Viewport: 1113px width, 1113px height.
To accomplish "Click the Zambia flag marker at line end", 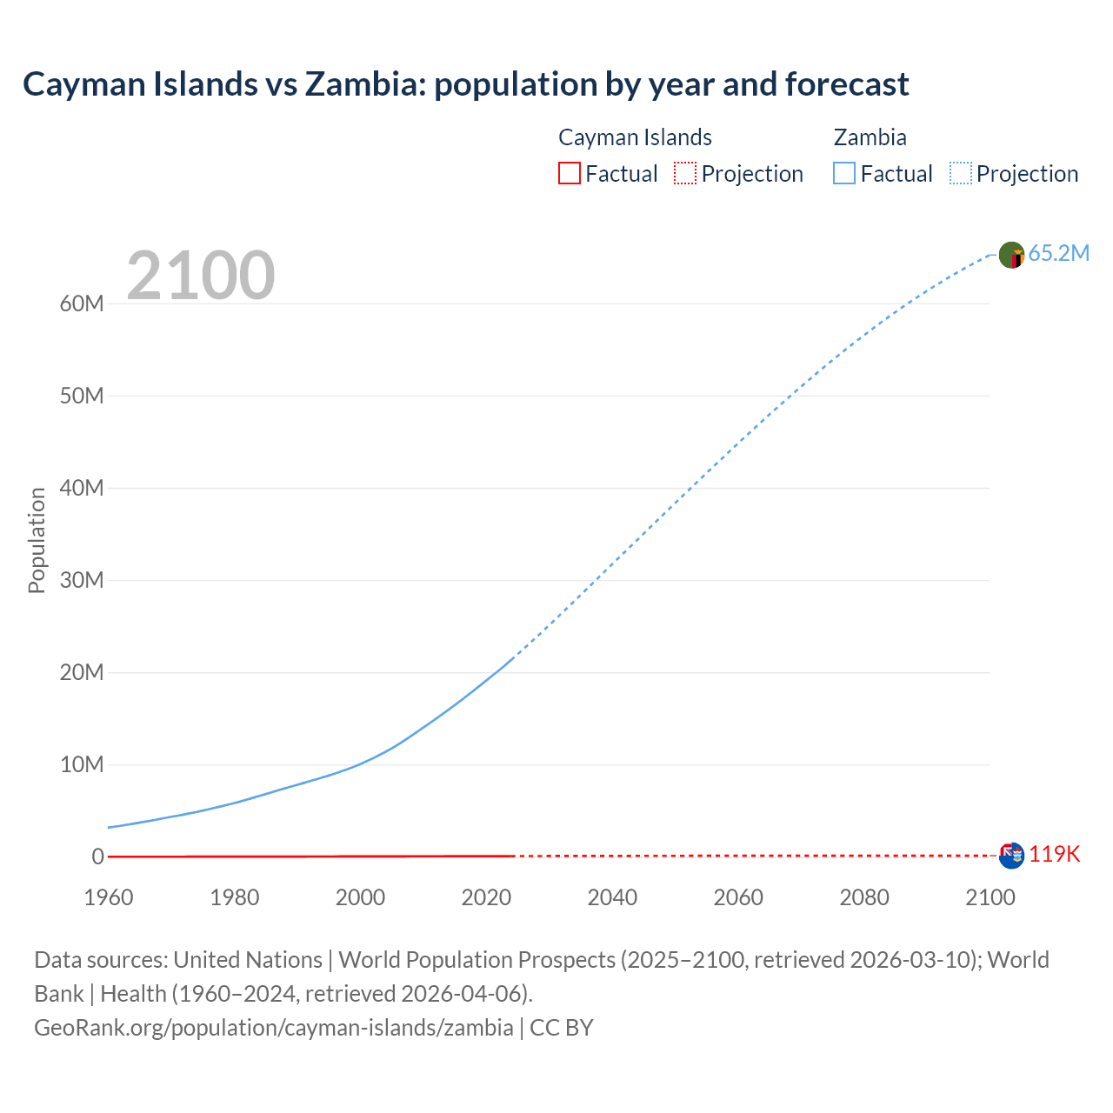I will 1011,255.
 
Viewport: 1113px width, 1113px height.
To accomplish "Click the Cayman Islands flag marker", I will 1011,856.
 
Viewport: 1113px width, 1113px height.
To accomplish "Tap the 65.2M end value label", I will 1058,253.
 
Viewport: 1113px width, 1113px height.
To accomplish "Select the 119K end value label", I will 1055,855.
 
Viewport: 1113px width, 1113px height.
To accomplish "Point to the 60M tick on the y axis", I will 82,303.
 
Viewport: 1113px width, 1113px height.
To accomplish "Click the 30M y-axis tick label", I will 82,580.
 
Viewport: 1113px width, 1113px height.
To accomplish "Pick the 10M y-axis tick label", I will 82,764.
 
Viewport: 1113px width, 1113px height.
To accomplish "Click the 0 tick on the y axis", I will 97,856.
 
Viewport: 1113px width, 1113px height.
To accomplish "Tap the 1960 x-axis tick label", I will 109,897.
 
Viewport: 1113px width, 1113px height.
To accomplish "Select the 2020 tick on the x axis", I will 486,897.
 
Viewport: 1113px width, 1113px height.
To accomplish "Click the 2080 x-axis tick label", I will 863,897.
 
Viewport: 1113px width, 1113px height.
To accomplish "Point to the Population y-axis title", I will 37,540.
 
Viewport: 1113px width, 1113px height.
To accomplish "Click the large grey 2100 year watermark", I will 201,276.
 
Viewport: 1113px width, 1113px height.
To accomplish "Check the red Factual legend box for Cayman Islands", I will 569,174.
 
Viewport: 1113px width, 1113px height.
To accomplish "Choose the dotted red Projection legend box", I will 685,174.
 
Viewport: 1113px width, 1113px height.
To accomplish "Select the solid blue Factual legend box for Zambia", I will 844,174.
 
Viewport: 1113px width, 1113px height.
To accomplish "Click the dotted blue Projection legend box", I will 961,174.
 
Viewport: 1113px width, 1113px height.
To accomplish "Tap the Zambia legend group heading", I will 870,137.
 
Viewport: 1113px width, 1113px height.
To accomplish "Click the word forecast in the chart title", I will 847,84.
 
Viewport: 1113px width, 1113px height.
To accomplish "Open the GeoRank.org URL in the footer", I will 274,1028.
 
